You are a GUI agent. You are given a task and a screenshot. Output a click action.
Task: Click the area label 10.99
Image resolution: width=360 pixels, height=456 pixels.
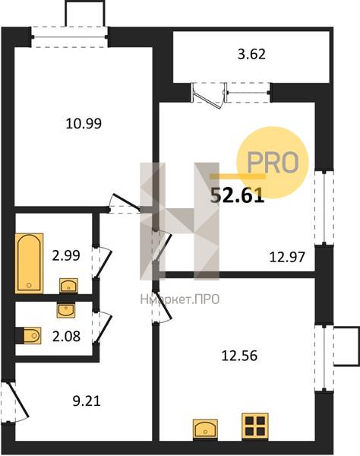pyautogui.click(x=84, y=124)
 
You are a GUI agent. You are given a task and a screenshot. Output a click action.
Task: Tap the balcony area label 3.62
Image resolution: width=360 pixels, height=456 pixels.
pyautogui.click(x=251, y=55)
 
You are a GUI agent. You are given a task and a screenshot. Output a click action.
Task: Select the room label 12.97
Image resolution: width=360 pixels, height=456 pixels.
pyautogui.click(x=287, y=257)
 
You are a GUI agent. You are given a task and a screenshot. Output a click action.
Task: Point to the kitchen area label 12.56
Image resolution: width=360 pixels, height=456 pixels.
pyautogui.click(x=239, y=356)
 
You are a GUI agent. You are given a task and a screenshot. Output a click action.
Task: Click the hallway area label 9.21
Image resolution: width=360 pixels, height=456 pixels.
pyautogui.click(x=87, y=401)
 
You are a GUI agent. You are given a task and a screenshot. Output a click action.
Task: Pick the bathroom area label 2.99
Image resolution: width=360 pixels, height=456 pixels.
pyautogui.click(x=66, y=255)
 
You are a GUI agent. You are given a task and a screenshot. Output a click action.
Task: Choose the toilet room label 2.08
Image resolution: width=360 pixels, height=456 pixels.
pyautogui.click(x=66, y=336)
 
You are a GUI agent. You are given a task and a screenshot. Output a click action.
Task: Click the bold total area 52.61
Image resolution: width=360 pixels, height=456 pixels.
pyautogui.click(x=238, y=196)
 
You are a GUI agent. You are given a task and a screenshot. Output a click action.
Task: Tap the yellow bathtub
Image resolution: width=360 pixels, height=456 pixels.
pyautogui.click(x=29, y=263)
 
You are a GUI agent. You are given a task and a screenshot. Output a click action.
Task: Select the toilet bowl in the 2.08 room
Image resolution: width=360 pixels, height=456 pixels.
pyautogui.click(x=31, y=336)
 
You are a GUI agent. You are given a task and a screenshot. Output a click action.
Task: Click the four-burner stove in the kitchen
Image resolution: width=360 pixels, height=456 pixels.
pyautogui.click(x=255, y=426)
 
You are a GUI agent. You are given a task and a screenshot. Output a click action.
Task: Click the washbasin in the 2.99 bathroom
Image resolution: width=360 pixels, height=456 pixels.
pyautogui.click(x=68, y=286)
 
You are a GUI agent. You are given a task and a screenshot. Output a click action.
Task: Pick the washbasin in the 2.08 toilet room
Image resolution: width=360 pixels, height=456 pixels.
pyautogui.click(x=65, y=310)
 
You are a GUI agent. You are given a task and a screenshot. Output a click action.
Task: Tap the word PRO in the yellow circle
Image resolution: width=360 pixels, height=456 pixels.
pyautogui.click(x=273, y=163)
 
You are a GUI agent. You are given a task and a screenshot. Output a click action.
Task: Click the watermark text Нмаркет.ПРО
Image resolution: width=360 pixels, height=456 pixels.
pyautogui.click(x=179, y=299)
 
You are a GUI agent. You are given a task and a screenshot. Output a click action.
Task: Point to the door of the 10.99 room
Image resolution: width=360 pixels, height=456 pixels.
pyautogui.click(x=125, y=202)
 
